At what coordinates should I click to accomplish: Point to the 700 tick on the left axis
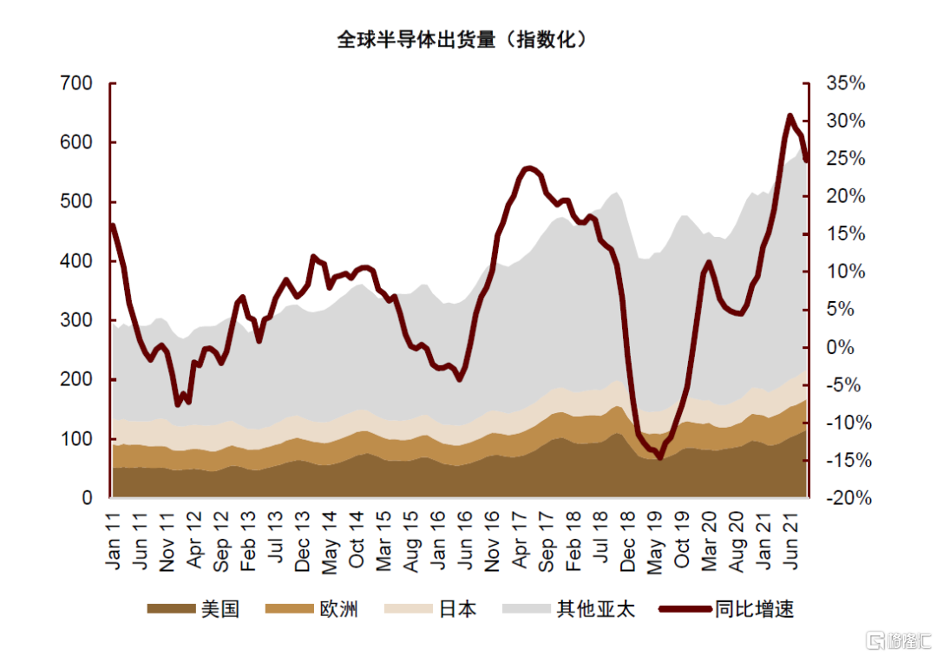click(x=76, y=83)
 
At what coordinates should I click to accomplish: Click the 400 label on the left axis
click(x=76, y=261)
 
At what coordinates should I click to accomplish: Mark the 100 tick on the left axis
click(x=76, y=439)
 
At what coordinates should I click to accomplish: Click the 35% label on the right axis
click(x=845, y=83)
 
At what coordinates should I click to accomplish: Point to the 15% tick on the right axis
click(x=845, y=234)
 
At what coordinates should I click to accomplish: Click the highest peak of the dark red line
click(x=790, y=115)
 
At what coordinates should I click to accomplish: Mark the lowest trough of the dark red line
click(x=659, y=457)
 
